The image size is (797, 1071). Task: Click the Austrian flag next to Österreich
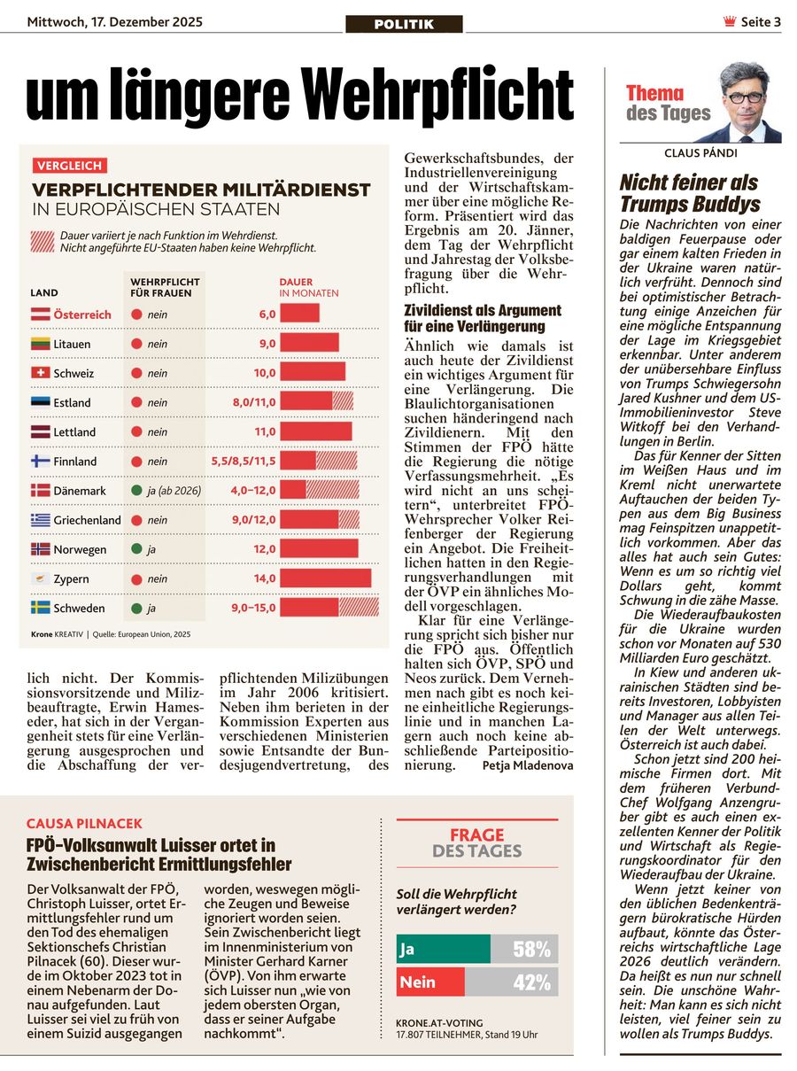[41, 314]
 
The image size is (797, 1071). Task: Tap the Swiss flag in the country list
[41, 373]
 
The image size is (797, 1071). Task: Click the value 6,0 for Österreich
[267, 314]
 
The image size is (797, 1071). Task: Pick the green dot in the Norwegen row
[136, 549]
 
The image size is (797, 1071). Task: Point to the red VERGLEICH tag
[70, 166]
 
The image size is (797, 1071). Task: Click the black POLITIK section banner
[404, 24]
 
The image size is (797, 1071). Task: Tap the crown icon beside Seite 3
[729, 22]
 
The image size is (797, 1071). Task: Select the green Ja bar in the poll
[443, 950]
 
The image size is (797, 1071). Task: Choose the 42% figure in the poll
[532, 982]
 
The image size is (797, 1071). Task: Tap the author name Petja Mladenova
[528, 764]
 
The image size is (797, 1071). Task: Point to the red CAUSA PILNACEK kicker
[84, 824]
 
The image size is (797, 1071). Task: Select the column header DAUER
[296, 282]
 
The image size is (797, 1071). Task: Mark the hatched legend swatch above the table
[42, 242]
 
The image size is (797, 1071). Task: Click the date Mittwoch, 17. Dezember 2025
[115, 22]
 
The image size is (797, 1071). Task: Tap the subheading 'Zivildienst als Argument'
[483, 310]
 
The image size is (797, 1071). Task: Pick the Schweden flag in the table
[41, 608]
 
